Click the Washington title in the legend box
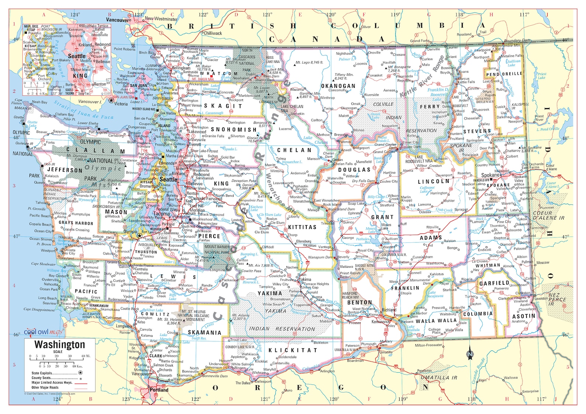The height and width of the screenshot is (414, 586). point(59,345)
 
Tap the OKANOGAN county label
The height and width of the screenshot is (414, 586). point(338,86)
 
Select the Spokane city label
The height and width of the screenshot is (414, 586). point(490,175)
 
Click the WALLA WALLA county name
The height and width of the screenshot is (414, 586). point(436,321)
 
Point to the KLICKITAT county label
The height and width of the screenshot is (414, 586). point(293,350)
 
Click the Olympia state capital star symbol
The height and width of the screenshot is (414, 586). point(139,236)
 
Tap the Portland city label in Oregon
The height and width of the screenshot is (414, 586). point(159,390)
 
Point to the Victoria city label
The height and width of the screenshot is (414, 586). point(121,104)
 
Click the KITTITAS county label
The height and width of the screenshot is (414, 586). point(302,227)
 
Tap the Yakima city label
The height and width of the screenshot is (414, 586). point(305,280)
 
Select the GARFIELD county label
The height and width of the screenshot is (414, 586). point(494,283)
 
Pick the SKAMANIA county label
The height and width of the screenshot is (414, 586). point(204,332)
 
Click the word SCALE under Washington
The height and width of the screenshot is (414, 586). point(58,352)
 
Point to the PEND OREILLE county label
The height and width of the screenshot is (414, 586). point(504,74)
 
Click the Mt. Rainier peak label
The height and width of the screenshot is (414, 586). point(202,257)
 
